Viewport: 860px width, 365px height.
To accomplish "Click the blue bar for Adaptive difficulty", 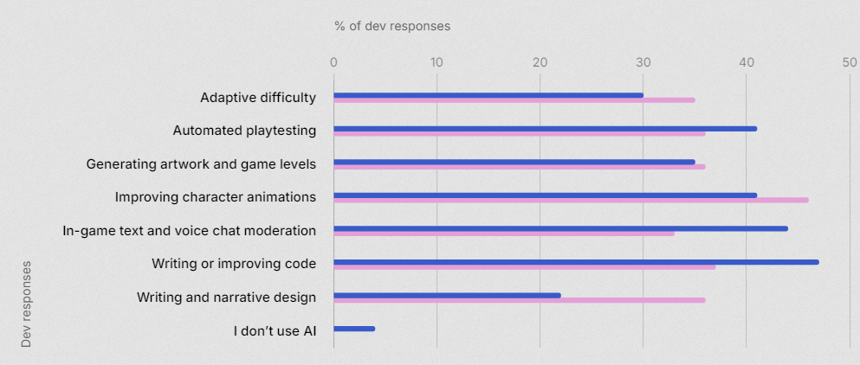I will click(x=488, y=95).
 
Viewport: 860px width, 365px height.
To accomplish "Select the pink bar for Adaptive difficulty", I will click(x=514, y=100).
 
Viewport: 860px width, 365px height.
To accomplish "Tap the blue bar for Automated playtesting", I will click(x=545, y=128).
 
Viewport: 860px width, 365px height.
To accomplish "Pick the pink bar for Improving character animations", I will click(x=571, y=200).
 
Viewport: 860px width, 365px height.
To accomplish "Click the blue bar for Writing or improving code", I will click(x=576, y=261).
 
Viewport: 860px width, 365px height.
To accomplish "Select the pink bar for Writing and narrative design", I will click(x=519, y=300).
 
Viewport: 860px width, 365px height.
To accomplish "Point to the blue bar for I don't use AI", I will click(x=353, y=328).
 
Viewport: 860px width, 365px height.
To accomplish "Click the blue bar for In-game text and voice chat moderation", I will click(x=560, y=228).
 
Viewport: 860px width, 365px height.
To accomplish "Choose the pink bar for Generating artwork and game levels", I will click(x=519, y=167).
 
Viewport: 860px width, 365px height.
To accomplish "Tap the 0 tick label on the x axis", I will click(x=333, y=61).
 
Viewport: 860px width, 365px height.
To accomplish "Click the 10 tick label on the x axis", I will click(x=436, y=61).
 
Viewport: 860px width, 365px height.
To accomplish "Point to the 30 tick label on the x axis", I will click(x=643, y=61).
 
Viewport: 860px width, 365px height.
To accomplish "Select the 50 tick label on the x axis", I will click(x=849, y=61).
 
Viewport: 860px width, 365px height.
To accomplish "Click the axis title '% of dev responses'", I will click(x=392, y=26).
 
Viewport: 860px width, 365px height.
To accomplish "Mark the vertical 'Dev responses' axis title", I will click(x=26, y=304).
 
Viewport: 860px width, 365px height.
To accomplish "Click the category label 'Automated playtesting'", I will click(x=244, y=131).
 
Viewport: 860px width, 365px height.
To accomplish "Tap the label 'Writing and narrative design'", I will click(x=226, y=298).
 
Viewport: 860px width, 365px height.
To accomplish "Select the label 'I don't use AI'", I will click(x=275, y=330).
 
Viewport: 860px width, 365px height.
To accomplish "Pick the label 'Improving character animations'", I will click(x=215, y=197).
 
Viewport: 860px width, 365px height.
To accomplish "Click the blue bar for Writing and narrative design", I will click(x=447, y=295).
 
